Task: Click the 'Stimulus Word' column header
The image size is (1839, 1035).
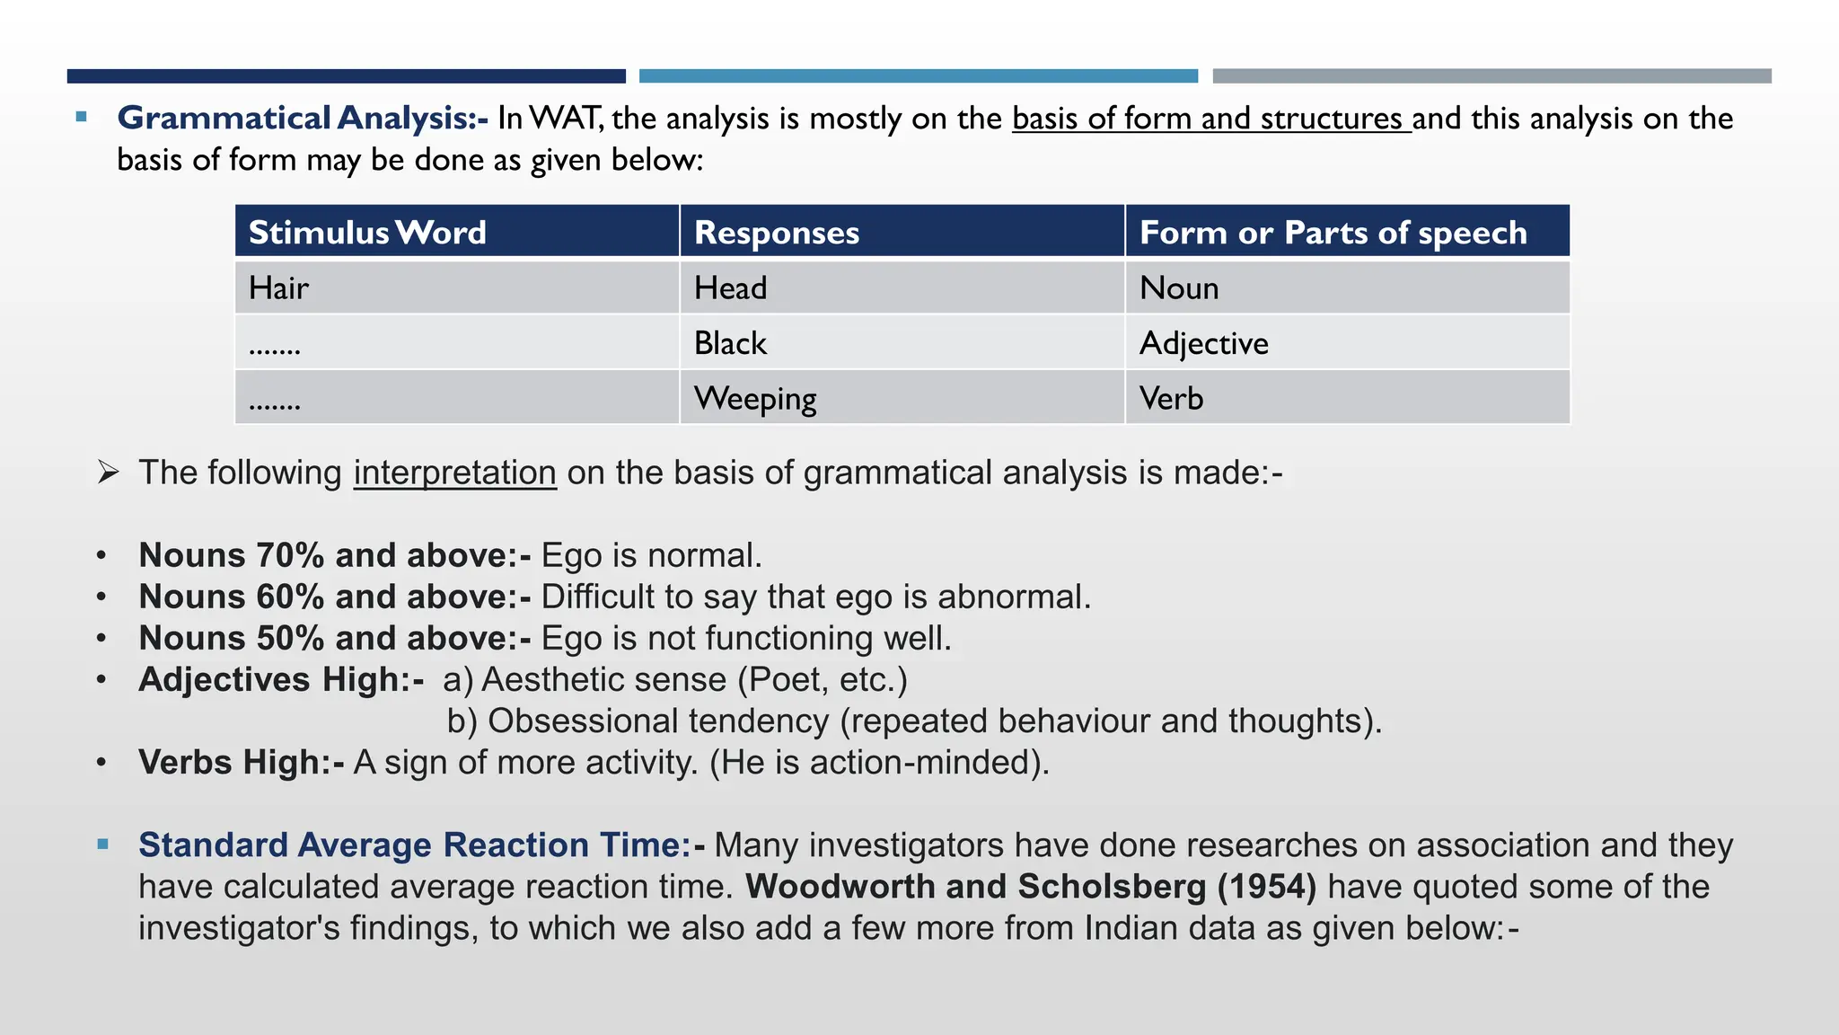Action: click(x=367, y=233)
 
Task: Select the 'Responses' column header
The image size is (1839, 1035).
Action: click(x=777, y=233)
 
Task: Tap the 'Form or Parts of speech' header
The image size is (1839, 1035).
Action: click(x=1333, y=233)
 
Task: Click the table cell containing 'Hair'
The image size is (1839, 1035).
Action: click(x=279, y=288)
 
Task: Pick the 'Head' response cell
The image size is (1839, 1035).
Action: click(x=730, y=288)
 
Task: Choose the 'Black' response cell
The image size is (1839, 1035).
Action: click(x=730, y=343)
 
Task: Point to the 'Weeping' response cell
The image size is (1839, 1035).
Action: click(x=755, y=399)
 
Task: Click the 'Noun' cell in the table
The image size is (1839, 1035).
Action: click(x=1179, y=288)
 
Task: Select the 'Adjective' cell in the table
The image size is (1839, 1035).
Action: click(x=1203, y=343)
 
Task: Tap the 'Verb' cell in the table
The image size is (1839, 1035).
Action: click(x=1171, y=399)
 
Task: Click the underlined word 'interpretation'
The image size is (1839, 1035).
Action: click(x=454, y=473)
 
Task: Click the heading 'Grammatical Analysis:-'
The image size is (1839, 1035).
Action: click(x=303, y=118)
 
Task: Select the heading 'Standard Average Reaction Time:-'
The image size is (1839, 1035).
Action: click(x=421, y=845)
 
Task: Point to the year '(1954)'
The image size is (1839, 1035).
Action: click(x=1266, y=887)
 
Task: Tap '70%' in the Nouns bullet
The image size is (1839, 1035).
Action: click(x=290, y=555)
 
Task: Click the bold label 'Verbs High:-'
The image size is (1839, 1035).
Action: click(x=241, y=763)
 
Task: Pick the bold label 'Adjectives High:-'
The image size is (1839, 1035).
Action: click(x=281, y=680)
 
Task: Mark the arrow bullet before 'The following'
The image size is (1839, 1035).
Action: click(x=109, y=473)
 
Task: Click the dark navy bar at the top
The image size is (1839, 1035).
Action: click(x=346, y=76)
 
